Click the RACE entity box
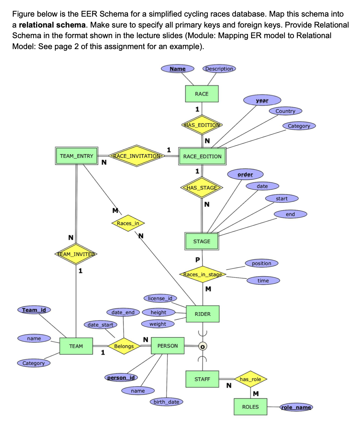tap(202, 94)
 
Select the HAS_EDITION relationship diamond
tap(202, 125)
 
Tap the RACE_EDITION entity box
tap(202, 156)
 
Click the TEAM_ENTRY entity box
tap(76, 156)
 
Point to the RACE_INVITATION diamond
tap(137, 155)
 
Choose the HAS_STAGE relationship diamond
tap(202, 188)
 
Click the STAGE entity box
tap(202, 241)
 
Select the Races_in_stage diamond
tap(202, 275)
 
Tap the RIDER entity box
tap(202, 314)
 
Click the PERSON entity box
tap(168, 346)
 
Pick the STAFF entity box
tap(202, 379)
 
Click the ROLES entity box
tap(250, 407)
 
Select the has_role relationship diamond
tap(250, 379)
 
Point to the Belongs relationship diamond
tap(124, 346)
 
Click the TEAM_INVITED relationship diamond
tap(76, 254)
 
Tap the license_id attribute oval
tap(160, 299)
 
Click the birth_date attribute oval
tap(166, 402)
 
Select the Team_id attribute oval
tap(34, 310)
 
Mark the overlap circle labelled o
tap(202, 347)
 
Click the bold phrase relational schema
tap(52, 25)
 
